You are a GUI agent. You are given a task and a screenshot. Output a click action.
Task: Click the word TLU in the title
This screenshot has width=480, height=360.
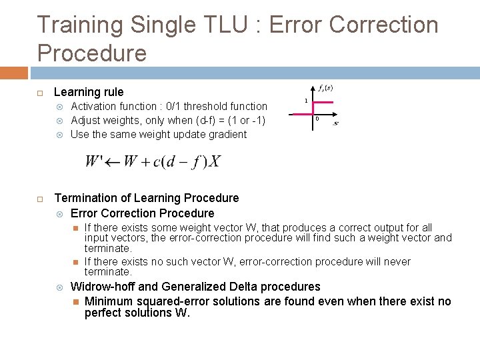pos(233,25)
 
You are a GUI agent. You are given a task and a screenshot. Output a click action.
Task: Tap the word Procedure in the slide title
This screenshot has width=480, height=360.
pos(92,53)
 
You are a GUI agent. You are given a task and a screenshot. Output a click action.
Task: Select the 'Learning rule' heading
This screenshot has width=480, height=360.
pos(89,92)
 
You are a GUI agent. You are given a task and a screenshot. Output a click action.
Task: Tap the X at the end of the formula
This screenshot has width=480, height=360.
pos(215,162)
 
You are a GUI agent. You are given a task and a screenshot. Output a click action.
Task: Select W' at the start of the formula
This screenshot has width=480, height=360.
pos(95,162)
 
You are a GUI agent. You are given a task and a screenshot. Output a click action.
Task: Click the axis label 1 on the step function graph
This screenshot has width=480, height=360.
pos(306,101)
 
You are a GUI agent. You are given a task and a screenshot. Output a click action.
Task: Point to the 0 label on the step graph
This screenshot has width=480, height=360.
pos(317,119)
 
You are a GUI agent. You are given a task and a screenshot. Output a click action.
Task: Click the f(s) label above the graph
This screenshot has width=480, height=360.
pos(325,87)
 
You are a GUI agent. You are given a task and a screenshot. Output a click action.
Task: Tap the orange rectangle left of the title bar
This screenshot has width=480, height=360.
pos(14,73)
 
